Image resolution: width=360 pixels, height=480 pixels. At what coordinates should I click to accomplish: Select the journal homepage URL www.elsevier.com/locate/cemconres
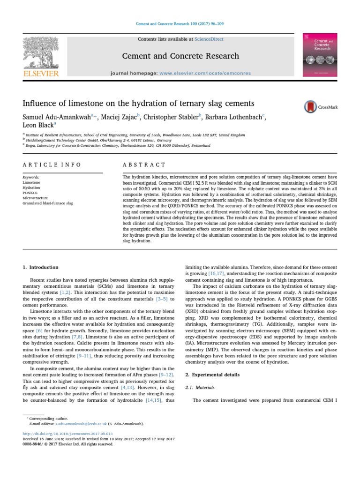pyautogui.click(x=205, y=73)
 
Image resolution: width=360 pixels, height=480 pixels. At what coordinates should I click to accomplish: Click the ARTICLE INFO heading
pyautogui.click(x=52, y=165)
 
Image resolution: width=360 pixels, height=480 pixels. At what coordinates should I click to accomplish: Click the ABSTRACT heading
pyautogui.click(x=144, y=165)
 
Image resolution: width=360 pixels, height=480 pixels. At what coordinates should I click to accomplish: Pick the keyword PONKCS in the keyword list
pyautogui.click(x=30, y=193)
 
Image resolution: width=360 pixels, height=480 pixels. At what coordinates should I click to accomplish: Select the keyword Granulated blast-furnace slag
pyautogui.click(x=51, y=203)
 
